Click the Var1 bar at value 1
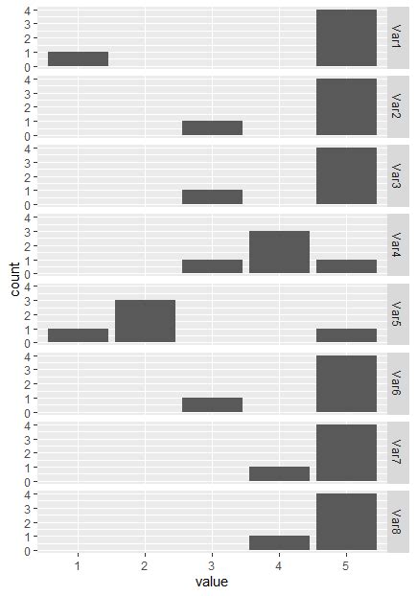click(78, 59)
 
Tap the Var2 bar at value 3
click(212, 128)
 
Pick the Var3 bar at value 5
click(346, 176)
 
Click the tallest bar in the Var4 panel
click(279, 252)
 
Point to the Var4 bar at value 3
click(212, 266)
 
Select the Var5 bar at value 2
click(145, 321)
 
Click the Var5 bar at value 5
click(346, 335)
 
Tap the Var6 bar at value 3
click(212, 404)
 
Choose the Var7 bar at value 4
click(279, 473)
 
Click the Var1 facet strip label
click(394, 37)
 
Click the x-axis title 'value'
click(212, 582)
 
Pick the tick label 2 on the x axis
click(145, 565)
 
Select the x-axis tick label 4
click(279, 565)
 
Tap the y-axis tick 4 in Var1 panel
click(28, 11)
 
